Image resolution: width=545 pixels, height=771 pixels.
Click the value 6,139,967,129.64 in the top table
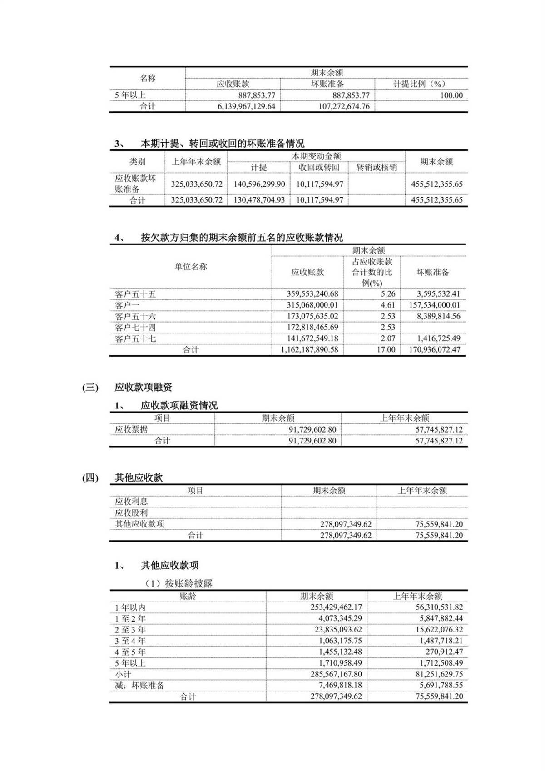pos(246,106)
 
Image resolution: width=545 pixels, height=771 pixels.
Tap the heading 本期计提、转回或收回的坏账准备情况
pos(222,144)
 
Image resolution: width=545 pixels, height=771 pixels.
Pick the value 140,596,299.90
pos(259,184)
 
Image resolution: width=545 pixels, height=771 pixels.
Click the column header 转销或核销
pos(377,167)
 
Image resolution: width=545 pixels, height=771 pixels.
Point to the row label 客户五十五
pos(135,294)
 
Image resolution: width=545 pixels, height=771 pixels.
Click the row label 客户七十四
pos(135,327)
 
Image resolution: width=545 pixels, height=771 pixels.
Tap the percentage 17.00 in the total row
pos(386,350)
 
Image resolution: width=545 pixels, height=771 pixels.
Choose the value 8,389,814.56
pos(435,316)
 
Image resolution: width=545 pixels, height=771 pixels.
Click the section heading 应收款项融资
pos(144,388)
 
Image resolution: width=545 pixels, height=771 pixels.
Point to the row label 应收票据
pos(131,429)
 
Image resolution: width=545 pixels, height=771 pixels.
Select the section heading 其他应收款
pos(139,478)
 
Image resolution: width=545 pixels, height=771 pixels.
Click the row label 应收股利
pos(131,512)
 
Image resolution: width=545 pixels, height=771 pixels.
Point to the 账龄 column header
pos(188,596)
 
